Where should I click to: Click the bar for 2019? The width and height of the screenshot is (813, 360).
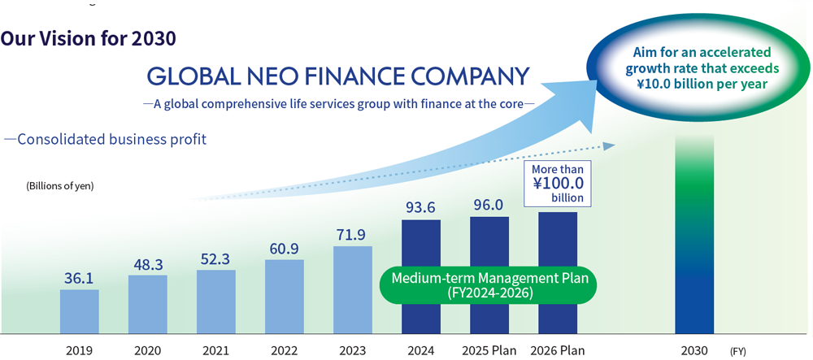pos(79,310)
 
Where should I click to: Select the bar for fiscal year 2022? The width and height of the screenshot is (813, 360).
pos(285,296)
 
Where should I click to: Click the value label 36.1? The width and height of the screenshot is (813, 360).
pos(80,278)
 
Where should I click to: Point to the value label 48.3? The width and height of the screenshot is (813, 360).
pos(148,264)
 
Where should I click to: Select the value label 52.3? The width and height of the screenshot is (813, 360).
pos(216,258)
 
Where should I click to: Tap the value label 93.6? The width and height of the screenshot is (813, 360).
pos(421,208)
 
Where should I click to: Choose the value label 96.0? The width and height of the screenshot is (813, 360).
pos(489,205)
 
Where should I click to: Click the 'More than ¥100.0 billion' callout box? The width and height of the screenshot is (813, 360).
pos(558,183)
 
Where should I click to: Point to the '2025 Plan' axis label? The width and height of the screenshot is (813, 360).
pos(489,351)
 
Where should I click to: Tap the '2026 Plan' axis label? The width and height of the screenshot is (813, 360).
pos(558,351)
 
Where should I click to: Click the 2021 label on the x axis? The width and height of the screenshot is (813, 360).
pos(216,351)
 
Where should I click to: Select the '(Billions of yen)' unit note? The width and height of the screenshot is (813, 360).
pos(60,186)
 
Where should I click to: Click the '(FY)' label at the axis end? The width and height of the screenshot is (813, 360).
pos(737,352)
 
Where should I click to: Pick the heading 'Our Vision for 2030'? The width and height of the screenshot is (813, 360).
pos(89,38)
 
